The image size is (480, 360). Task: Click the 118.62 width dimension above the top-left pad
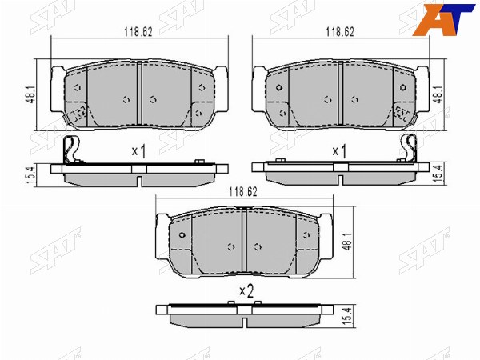point(138,32)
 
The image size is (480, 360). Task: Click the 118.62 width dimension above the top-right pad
point(340,32)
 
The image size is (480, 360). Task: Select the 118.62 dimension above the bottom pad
point(243,192)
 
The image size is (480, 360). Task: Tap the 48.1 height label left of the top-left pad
point(31,95)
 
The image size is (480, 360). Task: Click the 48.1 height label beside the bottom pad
point(347,242)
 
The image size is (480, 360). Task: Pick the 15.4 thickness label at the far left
point(31,175)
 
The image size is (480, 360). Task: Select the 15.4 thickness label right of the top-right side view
point(439,174)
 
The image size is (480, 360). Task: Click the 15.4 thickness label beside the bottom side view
point(347,317)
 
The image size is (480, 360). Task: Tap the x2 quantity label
point(246,291)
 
